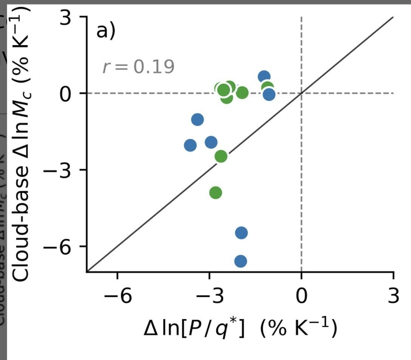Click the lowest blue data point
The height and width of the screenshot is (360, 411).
click(x=240, y=261)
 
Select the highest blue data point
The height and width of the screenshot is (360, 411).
click(x=264, y=77)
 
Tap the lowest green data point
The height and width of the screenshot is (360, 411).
click(x=216, y=192)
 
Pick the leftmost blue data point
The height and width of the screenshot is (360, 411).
click(x=190, y=145)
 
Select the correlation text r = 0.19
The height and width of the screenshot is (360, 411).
click(x=138, y=67)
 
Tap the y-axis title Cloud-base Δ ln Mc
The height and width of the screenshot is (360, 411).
click(x=22, y=144)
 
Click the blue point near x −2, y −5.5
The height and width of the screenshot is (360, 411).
click(x=242, y=233)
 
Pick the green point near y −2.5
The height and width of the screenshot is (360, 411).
click(x=221, y=156)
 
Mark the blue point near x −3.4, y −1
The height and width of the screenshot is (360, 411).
click(x=198, y=120)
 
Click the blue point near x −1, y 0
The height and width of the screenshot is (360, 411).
click(x=269, y=94)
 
